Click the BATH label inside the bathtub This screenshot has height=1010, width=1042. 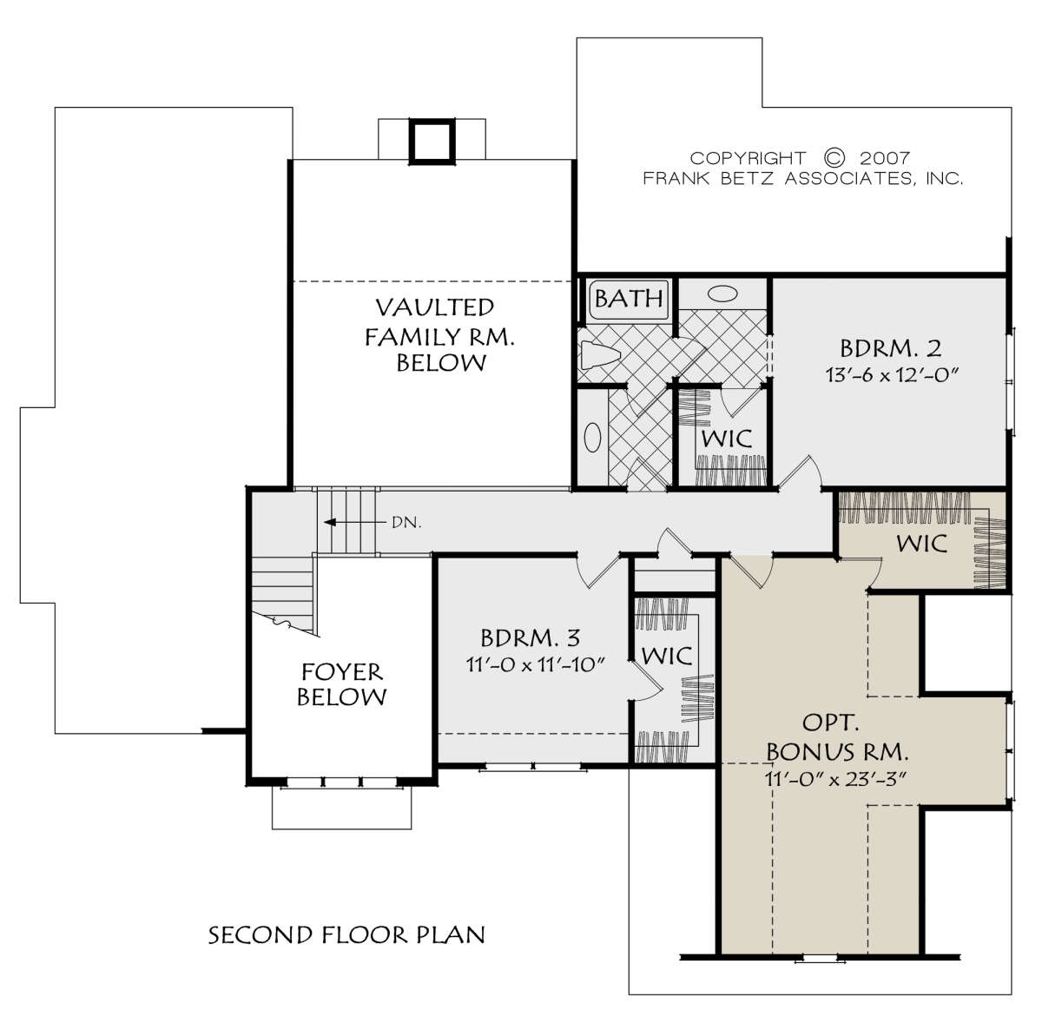point(629,298)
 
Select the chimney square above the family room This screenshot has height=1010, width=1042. point(432,141)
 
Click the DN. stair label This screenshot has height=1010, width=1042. point(406,523)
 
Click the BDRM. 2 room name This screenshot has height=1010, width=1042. point(890,348)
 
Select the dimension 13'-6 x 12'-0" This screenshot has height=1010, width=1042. point(891,375)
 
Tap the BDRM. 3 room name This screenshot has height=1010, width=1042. point(530,637)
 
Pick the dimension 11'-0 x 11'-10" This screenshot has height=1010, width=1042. point(534,665)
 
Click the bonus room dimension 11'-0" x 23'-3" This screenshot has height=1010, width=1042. point(835,779)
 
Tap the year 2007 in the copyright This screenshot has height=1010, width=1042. point(885,158)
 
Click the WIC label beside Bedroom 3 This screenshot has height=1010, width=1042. point(667,656)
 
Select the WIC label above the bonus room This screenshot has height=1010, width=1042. point(922,544)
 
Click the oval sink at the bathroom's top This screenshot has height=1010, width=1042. point(722,294)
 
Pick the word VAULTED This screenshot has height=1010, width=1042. point(434,307)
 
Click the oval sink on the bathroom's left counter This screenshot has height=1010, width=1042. point(592,437)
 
